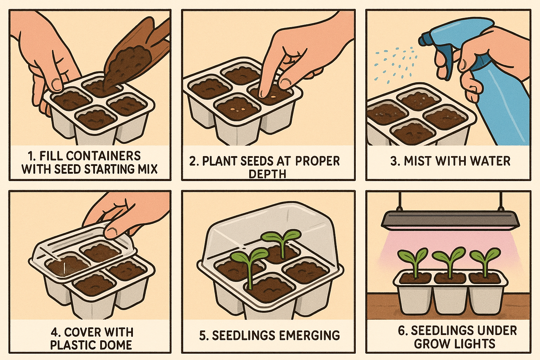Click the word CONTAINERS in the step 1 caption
103,156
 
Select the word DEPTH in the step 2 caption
267,174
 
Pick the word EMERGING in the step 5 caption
307,335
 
